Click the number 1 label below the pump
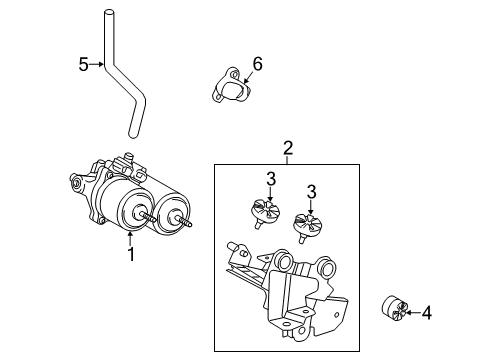[x=130, y=254]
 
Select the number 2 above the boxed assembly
[x=288, y=149]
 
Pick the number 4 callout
[x=427, y=314]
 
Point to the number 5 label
[x=84, y=65]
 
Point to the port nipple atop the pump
[x=125, y=156]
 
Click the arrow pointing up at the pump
[x=130, y=237]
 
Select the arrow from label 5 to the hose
[x=98, y=65]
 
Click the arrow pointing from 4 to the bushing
[x=412, y=314]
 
